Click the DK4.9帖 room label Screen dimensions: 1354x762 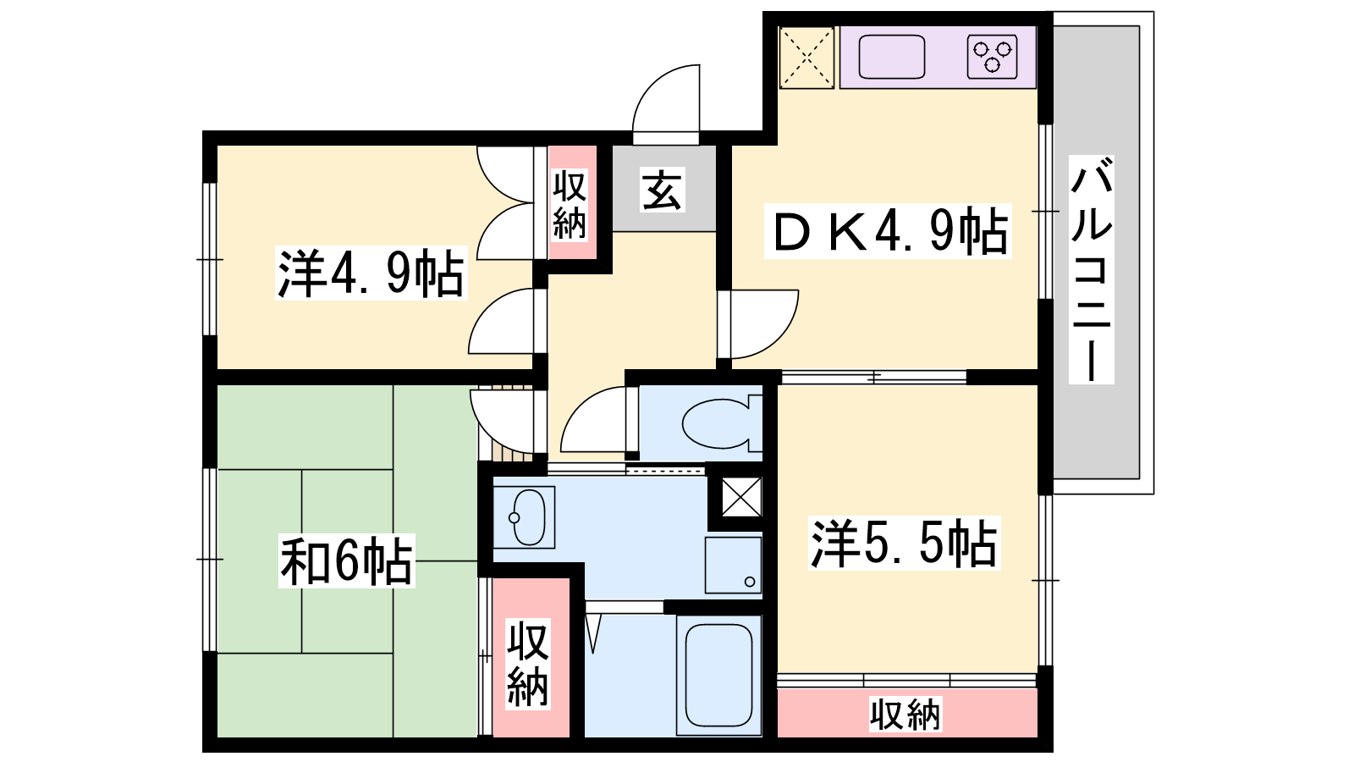(888, 231)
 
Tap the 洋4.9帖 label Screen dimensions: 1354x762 (372, 273)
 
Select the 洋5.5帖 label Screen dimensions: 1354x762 (905, 543)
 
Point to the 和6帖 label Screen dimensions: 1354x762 (346, 560)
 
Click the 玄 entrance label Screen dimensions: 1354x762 (663, 191)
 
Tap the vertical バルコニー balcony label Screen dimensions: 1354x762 (1091, 270)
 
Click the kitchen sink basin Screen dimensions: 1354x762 (892, 57)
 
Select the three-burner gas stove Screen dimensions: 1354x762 (992, 57)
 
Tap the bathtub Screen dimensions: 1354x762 (718, 676)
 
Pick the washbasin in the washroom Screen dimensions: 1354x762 (524, 517)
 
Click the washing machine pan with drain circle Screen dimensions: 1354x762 (733, 566)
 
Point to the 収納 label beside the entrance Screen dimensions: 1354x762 (570, 205)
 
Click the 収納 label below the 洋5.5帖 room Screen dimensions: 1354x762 (905, 715)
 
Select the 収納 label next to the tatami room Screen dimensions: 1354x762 (528, 664)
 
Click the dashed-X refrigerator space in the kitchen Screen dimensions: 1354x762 (806, 58)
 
